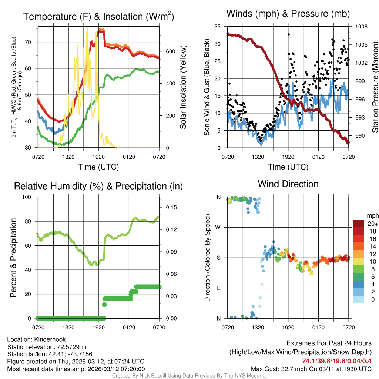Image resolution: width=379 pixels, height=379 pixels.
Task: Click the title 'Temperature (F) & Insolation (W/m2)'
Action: (99, 16)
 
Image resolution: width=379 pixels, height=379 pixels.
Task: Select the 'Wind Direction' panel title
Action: (288, 184)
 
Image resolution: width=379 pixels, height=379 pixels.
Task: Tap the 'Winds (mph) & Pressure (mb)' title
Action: (288, 14)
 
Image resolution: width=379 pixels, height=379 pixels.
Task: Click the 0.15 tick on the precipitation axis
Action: (169, 207)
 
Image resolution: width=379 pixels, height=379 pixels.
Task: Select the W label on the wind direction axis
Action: (218, 227)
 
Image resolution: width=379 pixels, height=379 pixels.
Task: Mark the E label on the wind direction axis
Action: (219, 288)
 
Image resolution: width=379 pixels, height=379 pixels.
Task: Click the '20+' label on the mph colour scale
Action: (372, 224)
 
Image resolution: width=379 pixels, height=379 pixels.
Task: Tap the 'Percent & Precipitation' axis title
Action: (13, 258)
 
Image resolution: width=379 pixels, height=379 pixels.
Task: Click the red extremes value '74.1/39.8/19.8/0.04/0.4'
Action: (337, 361)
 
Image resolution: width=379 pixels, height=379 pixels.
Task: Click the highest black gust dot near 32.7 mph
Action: (289, 34)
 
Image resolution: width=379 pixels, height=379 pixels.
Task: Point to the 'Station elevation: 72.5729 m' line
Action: (47, 347)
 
